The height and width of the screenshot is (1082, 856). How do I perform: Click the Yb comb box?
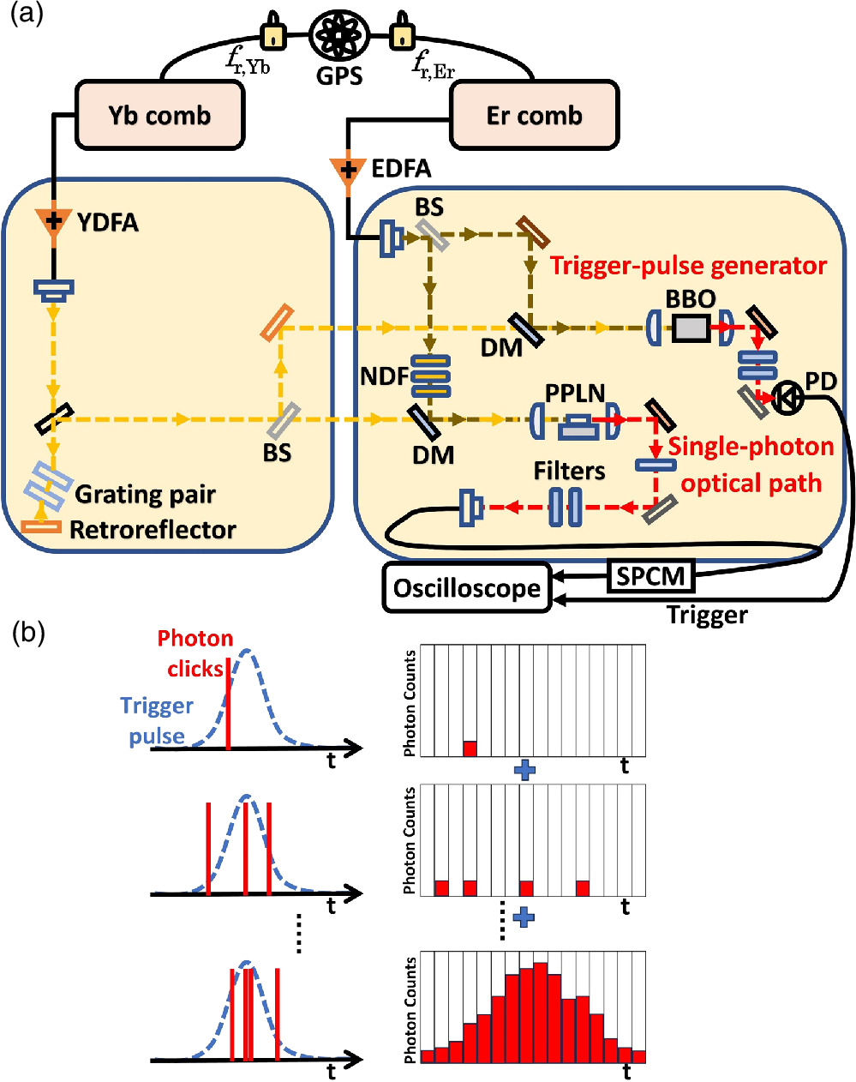pyautogui.click(x=159, y=116)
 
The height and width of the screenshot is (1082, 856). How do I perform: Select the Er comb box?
pyautogui.click(x=534, y=116)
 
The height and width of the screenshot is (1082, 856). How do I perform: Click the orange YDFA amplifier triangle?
pyautogui.click(x=53, y=221)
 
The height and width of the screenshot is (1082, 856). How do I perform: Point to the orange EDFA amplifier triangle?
pyautogui.click(x=348, y=169)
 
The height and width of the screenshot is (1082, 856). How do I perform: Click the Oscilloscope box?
pyautogui.click(x=467, y=588)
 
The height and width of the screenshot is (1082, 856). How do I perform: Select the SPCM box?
pyautogui.click(x=651, y=575)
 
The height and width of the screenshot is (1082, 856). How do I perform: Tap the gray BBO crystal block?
pyautogui.click(x=691, y=328)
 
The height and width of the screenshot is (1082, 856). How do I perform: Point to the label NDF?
pyautogui.click(x=385, y=376)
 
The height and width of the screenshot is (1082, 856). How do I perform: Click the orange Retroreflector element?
pyautogui.click(x=41, y=526)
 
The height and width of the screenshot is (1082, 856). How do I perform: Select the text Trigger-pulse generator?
pyautogui.click(x=688, y=266)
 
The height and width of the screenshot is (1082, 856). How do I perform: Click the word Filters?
pyautogui.click(x=569, y=471)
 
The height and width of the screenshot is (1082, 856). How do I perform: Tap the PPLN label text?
pyautogui.click(x=575, y=394)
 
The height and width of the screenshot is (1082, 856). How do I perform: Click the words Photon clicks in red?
pyautogui.click(x=195, y=653)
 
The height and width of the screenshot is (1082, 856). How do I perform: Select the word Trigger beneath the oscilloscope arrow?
pyautogui.click(x=707, y=615)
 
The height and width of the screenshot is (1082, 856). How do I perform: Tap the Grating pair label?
pyautogui.click(x=145, y=495)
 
